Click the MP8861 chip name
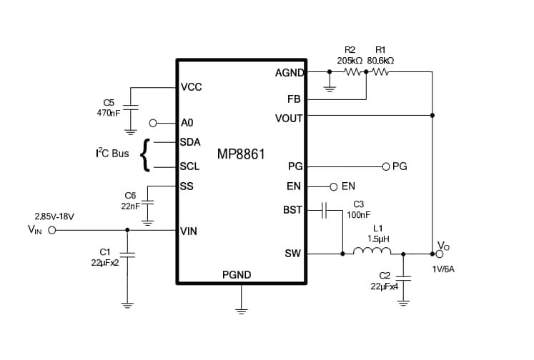[241, 154]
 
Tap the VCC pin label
[191, 87]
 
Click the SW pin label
[293, 253]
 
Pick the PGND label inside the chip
[237, 275]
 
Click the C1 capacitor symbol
[127, 253]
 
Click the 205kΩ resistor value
[350, 61]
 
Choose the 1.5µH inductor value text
[378, 239]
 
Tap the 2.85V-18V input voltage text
[54, 216]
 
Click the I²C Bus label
[112, 153]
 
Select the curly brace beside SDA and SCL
[147, 155]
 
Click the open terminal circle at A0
[152, 123]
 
